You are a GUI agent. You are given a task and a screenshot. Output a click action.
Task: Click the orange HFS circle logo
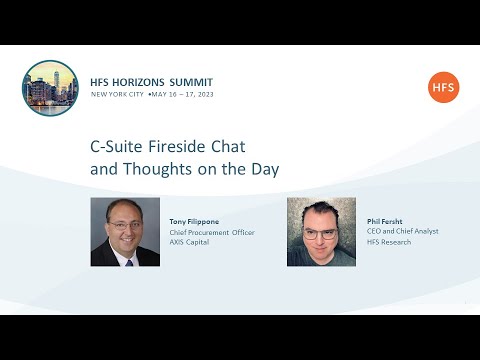tap(443, 87)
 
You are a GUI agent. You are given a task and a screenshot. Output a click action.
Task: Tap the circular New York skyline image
tap(50, 88)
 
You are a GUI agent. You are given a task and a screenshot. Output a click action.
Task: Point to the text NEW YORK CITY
tap(117, 93)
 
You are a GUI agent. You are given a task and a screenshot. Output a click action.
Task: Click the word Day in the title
tap(264, 169)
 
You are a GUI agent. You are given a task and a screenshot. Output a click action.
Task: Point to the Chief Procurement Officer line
tap(212, 232)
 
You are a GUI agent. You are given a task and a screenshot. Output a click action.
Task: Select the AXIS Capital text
tap(190, 242)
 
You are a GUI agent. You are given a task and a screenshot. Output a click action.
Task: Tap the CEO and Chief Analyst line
tap(402, 231)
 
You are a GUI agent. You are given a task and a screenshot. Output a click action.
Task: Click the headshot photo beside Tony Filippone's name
tap(125, 231)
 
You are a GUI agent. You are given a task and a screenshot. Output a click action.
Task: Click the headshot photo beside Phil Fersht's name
tap(321, 231)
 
